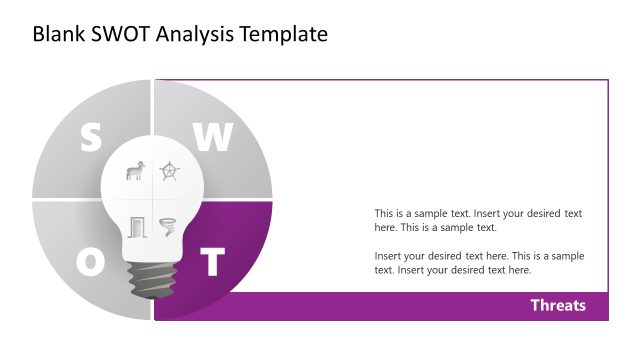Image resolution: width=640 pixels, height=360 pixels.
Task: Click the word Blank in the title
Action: click(x=58, y=34)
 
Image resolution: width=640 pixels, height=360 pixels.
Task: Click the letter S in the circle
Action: click(x=90, y=139)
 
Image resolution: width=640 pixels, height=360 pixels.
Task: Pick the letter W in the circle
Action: click(x=212, y=139)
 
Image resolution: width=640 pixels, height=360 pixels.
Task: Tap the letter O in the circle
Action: click(x=90, y=262)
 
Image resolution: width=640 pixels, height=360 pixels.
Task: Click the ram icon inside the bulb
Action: click(x=134, y=172)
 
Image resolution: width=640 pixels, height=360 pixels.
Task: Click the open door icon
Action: click(x=136, y=226)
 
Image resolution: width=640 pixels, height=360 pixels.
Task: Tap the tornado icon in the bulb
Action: click(x=167, y=226)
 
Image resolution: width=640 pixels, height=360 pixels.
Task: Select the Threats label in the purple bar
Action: click(x=557, y=305)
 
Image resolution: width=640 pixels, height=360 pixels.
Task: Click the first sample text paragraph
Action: click(x=477, y=220)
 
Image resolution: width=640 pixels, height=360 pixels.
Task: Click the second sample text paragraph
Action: click(x=477, y=263)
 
